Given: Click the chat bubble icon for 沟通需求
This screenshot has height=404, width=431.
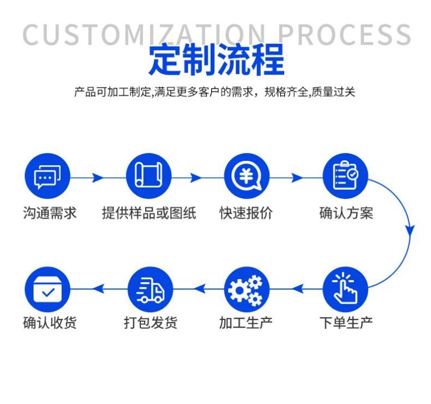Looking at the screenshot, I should tap(48, 176).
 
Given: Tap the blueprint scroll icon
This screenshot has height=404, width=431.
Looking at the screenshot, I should tap(148, 176).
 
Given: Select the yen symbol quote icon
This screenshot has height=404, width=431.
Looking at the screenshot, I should tap(247, 176).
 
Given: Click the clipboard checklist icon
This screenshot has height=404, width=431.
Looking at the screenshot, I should tap(345, 176).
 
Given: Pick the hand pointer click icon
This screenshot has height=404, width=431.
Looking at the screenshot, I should tap(345, 289).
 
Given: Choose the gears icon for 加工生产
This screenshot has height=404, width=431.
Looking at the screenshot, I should tap(247, 289).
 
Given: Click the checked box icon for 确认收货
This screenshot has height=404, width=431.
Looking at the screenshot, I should tap(48, 289).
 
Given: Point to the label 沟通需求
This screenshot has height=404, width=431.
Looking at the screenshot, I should tap(50, 213).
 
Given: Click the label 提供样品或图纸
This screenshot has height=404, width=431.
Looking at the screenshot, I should tap(149, 213).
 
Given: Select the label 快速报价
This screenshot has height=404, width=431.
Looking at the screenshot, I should tap(246, 213).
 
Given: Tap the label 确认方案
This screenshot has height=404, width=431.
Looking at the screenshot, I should tap(346, 213).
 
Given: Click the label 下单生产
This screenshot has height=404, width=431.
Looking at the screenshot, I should tap(346, 322).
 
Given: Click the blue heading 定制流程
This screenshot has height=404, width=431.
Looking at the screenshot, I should tap(216, 60).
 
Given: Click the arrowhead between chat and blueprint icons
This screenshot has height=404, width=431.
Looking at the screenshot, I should tap(98, 178).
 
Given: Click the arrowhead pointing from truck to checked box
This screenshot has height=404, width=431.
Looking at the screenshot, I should tap(99, 288).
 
